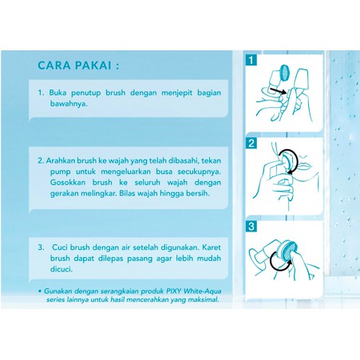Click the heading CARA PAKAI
78,65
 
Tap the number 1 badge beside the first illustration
251,60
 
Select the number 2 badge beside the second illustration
251,144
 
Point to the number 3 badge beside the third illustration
251,227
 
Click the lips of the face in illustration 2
306,166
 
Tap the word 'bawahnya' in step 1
69,104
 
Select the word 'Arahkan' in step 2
60,160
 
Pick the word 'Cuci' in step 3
59,247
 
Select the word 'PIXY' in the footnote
174,291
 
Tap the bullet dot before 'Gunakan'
40,291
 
